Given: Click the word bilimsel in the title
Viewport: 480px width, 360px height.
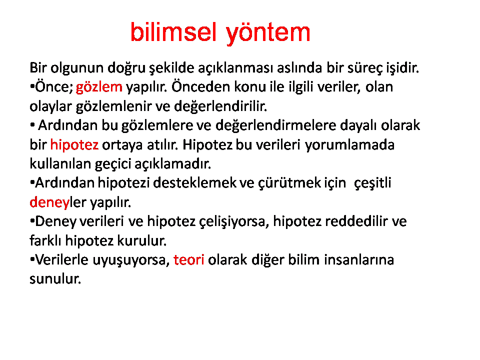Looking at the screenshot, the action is tap(173, 32).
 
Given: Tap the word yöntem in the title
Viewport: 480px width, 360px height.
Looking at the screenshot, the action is tap(268, 33).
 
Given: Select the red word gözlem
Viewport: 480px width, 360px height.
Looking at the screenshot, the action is tap(99, 87).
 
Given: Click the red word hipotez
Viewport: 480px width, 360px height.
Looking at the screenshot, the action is tap(74, 145).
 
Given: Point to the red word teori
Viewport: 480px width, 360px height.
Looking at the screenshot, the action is tap(188, 259).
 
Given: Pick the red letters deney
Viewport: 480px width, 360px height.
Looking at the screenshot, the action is tap(49, 202).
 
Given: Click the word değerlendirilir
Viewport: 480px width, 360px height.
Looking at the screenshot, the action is tap(220, 106).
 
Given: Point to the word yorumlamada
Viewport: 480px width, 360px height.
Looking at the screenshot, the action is tap(349, 145).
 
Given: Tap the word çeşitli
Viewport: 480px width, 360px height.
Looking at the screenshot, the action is tap(372, 183).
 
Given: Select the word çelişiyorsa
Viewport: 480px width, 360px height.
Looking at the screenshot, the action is tap(234, 221).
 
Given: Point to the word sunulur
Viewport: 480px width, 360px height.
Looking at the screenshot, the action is tap(55, 279).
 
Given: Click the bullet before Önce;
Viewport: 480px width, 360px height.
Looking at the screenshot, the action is tap(32, 87).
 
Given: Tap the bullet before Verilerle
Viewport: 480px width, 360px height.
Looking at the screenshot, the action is tap(32, 259).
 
